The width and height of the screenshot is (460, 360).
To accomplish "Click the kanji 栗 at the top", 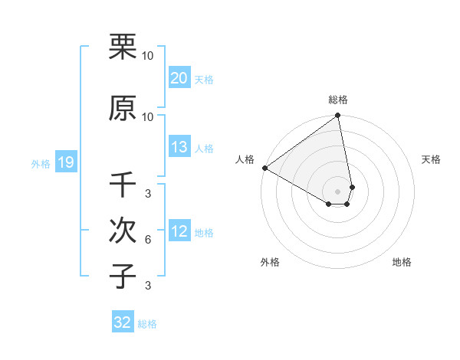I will [x=123, y=47].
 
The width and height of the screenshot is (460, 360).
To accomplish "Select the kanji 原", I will [x=123, y=108].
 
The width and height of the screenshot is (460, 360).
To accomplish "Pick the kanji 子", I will [x=123, y=277].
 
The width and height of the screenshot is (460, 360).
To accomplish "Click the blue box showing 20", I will [x=179, y=78].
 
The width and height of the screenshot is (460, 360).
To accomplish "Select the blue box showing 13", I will [x=179, y=148].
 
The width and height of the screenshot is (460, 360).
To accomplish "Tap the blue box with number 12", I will [x=179, y=231].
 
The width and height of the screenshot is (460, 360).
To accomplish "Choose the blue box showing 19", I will [x=65, y=162].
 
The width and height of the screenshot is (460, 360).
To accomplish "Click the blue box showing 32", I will [x=123, y=322].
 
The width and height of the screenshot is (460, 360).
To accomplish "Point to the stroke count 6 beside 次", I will [x=147, y=240].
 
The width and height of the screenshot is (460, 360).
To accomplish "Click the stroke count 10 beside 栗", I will [x=147, y=56].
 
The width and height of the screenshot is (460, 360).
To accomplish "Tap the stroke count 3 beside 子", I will [x=147, y=286].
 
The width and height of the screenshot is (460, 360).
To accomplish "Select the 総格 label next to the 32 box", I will [x=147, y=324].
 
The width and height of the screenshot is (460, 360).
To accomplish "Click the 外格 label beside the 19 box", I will [x=41, y=163].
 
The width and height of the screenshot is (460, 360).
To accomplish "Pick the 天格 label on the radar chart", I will [x=432, y=159].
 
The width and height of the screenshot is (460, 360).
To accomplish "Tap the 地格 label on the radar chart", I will [x=402, y=262].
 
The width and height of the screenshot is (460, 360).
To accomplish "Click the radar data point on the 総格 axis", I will [x=337, y=116].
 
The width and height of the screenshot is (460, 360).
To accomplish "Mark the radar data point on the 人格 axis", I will [x=264, y=168].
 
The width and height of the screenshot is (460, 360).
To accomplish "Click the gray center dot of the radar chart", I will [x=337, y=191].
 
